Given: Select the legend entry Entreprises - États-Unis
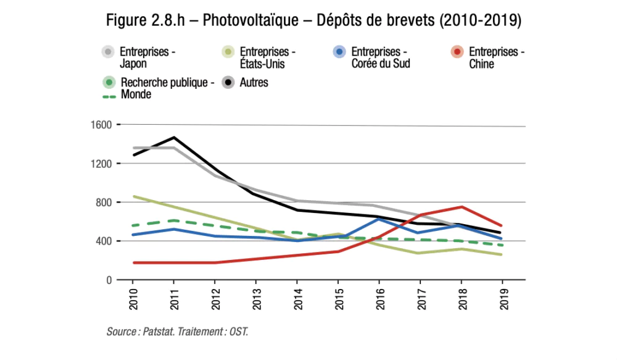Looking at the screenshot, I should (262, 57).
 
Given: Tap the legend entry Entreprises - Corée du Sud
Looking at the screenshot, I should (380, 57).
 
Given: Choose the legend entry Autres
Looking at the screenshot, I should (254, 83).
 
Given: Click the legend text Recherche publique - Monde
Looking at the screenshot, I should (167, 88).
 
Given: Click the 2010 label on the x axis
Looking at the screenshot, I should (133, 297).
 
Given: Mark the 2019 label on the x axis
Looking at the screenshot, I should (502, 297).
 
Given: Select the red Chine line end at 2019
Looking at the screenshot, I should (502, 225).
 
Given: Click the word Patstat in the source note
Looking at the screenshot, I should (159, 332).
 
